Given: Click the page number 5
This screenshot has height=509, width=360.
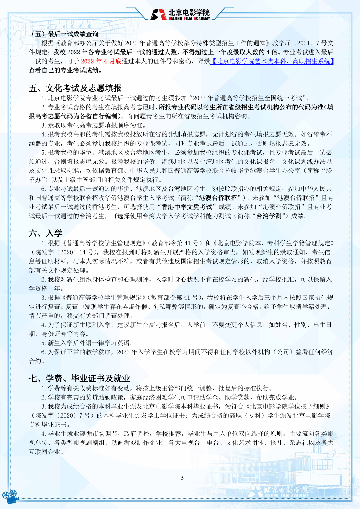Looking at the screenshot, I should [182, 478].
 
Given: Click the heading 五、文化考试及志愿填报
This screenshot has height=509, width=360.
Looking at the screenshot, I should [75, 88].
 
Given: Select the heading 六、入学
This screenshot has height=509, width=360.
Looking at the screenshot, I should [46, 233].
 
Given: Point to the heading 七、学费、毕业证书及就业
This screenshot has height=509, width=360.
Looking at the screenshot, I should [79, 378].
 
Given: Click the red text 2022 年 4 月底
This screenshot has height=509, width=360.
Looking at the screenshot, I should [101, 61].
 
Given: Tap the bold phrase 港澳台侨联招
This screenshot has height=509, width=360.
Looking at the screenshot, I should [218, 198].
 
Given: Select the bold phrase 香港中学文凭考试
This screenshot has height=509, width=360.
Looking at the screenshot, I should [187, 207].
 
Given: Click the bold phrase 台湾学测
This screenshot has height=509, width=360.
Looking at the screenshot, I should [269, 216].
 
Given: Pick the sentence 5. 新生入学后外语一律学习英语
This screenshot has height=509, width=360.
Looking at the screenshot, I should [87, 343].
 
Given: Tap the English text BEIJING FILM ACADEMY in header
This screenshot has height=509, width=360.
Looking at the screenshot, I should [189, 19].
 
